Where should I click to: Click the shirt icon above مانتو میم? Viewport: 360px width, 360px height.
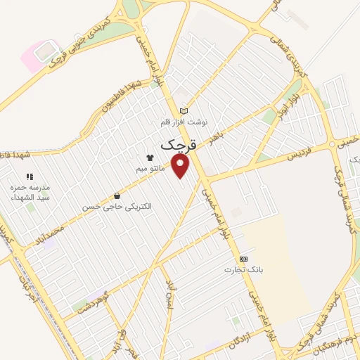(x=149, y=157)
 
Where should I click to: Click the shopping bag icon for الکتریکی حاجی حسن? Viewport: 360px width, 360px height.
(x=117, y=196)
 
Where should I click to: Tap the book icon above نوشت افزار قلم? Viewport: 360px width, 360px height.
(x=184, y=110)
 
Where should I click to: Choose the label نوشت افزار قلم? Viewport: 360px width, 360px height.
(x=184, y=122)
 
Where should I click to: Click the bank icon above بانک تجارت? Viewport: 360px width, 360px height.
(x=243, y=258)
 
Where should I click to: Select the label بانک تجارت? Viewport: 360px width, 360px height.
(x=243, y=269)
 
